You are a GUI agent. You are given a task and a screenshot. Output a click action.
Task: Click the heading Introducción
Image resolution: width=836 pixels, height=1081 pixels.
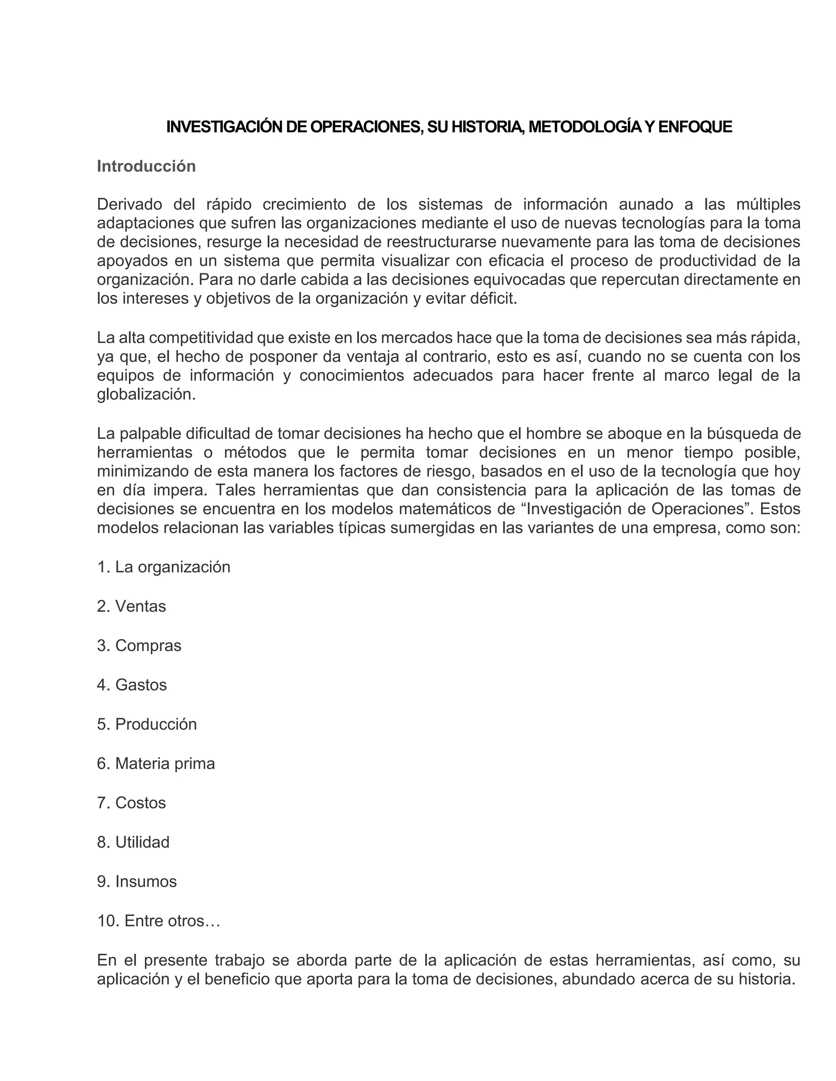coord(146,166)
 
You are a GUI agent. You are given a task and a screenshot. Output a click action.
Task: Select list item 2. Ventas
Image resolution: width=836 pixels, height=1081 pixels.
coord(131,606)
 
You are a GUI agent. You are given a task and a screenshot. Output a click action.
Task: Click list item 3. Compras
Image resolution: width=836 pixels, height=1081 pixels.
coord(139,645)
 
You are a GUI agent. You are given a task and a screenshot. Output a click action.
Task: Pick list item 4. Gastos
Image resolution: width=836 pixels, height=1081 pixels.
coord(132,685)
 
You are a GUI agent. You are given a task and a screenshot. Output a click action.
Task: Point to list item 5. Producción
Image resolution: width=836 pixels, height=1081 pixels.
coord(147,724)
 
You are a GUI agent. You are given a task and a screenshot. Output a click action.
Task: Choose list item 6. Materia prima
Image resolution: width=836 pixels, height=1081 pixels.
coord(156,764)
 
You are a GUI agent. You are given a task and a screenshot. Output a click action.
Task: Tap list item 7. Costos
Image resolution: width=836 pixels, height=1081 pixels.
coord(131,803)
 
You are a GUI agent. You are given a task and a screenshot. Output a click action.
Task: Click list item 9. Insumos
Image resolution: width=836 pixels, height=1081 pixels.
coord(137,882)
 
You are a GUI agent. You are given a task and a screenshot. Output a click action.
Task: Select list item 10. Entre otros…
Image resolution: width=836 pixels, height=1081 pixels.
coord(158,921)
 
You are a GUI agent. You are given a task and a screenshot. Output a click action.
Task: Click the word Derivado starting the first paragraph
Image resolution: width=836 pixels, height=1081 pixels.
coord(130,204)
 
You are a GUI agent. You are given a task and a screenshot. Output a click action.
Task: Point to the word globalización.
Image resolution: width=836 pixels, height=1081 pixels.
coord(146,395)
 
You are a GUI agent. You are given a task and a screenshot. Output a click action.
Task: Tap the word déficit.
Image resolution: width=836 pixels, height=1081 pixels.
coord(493,299)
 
